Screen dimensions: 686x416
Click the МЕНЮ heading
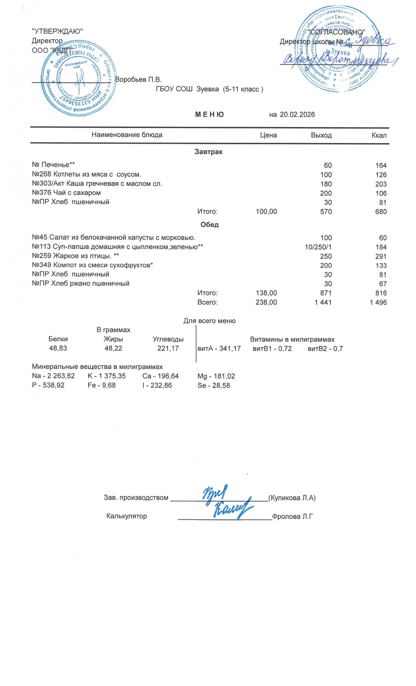pyautogui.click(x=209, y=115)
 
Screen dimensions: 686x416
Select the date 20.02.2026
pyautogui.click(x=297, y=115)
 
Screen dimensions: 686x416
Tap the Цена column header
pyautogui.click(x=268, y=135)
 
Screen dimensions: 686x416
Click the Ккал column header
pyautogui.click(x=379, y=136)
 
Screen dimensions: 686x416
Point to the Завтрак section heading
pyautogui.click(x=208, y=152)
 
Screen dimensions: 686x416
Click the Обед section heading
pyautogui.click(x=209, y=225)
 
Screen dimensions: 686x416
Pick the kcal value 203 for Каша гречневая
pyautogui.click(x=380, y=184)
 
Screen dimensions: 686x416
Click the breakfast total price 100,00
pyautogui.click(x=266, y=212)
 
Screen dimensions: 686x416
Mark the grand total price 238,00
pyautogui.click(x=266, y=302)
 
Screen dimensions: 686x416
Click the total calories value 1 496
pyautogui.click(x=378, y=302)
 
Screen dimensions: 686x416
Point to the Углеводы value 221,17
pyautogui.click(x=168, y=348)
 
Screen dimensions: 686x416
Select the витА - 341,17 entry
pyautogui.click(x=218, y=348)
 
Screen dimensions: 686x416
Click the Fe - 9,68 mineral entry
pyautogui.click(x=101, y=385)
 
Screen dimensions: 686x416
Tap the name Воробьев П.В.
pyautogui.click(x=138, y=80)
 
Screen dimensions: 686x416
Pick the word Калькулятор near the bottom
pyautogui.click(x=127, y=516)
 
